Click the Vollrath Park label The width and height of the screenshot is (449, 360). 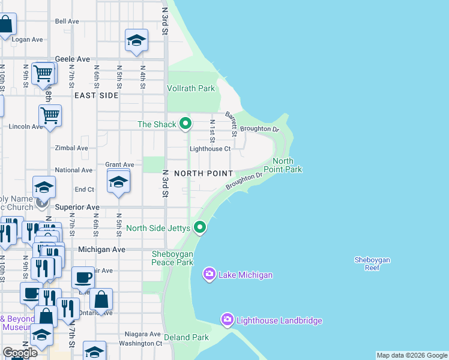191,88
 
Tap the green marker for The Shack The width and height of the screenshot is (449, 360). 185,124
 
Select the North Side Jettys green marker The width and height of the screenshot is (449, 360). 200,228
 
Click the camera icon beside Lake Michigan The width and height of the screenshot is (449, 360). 209,275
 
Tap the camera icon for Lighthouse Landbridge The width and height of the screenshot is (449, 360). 227,320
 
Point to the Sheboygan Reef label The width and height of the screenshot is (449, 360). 372,263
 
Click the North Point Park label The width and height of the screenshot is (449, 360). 287,165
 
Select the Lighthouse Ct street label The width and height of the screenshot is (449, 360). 210,149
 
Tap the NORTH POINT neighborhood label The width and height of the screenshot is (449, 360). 203,173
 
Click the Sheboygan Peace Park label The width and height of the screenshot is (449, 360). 172,258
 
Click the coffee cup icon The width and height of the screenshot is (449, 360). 83,278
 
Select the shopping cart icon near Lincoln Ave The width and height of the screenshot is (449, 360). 50,114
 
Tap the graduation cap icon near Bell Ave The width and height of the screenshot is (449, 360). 136,40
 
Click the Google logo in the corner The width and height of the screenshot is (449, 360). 20,353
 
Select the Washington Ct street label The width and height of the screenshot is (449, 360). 141,344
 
